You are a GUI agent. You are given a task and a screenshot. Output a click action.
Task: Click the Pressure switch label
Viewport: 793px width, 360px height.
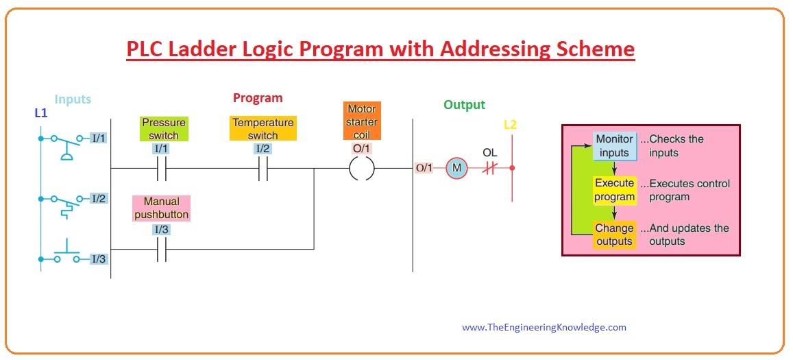click(164, 129)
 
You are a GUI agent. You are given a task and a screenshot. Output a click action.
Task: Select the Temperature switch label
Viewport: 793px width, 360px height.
click(263, 129)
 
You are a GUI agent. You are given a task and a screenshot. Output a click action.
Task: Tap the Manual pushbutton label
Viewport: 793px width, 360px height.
click(162, 208)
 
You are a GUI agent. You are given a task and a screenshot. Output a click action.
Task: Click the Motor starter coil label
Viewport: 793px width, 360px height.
click(362, 121)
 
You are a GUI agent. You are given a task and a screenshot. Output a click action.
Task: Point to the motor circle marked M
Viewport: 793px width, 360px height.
click(456, 167)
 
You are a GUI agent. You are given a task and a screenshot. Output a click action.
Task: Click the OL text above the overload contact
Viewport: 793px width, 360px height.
click(490, 152)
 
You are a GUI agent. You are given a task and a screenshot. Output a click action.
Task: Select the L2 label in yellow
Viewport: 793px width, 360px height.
click(511, 125)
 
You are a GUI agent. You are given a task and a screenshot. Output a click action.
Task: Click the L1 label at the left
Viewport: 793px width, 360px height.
click(41, 112)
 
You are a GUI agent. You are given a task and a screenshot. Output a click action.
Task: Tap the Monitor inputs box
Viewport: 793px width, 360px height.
click(614, 145)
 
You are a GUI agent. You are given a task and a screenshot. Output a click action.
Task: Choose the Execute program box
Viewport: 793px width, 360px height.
click(614, 190)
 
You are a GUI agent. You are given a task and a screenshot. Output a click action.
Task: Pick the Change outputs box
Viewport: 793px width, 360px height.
click(614, 235)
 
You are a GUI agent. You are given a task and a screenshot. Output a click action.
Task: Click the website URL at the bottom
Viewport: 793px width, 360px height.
click(544, 327)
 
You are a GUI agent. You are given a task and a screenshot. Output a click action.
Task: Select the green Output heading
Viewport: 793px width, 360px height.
click(464, 105)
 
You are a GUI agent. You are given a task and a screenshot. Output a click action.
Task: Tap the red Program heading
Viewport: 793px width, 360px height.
click(258, 98)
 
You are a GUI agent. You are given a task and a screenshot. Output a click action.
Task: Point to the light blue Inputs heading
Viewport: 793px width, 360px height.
click(73, 99)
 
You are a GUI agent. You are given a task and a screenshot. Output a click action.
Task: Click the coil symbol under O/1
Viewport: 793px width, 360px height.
click(362, 167)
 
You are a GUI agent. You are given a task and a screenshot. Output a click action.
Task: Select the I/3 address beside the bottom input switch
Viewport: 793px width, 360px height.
click(99, 259)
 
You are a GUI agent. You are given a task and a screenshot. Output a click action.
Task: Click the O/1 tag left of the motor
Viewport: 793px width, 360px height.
click(424, 167)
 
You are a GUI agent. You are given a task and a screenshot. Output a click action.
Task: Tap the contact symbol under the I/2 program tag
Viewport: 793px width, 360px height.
click(263, 167)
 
